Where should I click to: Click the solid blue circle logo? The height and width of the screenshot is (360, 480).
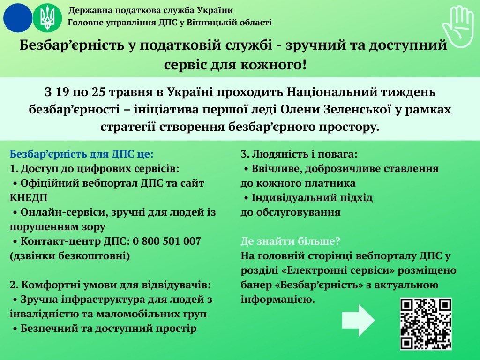(x=18, y=18)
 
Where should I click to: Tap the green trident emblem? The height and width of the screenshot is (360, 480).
(x=47, y=18)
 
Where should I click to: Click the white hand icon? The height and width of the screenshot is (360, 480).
(x=458, y=27)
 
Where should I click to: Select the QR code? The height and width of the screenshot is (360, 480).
(x=426, y=324)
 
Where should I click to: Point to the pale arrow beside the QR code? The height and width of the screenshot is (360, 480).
(x=358, y=320)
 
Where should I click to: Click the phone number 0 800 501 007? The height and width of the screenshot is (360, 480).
(x=167, y=241)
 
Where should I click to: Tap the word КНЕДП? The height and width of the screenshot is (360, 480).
(x=29, y=198)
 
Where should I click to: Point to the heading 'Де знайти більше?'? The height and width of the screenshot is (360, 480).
(x=290, y=241)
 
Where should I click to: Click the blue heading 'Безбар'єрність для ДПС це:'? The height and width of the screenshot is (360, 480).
(x=82, y=154)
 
